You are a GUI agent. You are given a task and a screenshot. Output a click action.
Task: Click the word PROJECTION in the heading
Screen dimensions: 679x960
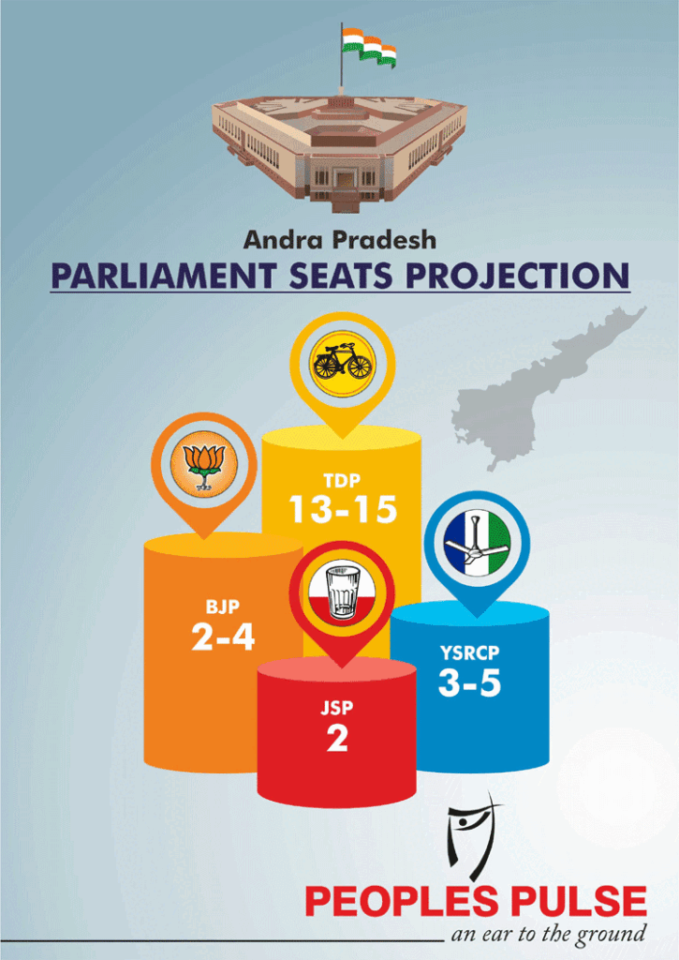pos(518,276)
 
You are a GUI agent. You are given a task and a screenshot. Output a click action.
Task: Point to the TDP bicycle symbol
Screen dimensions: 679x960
pos(342,364)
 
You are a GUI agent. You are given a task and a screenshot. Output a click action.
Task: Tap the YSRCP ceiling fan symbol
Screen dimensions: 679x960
pos(477,543)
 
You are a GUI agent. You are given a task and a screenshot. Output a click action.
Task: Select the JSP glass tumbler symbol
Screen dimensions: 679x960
pos(343,591)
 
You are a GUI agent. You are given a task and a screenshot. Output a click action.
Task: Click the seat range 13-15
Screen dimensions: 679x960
pos(343,509)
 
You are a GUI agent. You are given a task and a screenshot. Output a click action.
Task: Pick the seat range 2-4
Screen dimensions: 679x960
pos(223,637)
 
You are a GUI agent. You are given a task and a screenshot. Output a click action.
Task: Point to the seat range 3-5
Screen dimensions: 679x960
pos(469,682)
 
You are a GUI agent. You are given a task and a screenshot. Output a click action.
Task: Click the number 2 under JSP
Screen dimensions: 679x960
pos(337,739)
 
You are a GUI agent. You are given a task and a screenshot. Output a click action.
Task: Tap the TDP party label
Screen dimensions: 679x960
pos(342,481)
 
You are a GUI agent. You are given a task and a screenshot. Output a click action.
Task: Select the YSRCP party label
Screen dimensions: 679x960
pos(470,653)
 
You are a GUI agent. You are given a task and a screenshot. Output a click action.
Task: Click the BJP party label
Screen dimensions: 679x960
pos(223,607)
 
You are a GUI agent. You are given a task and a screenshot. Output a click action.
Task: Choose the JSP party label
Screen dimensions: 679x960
pos(337,708)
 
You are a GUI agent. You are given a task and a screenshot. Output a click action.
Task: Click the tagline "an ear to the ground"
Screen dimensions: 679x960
pos(548,935)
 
